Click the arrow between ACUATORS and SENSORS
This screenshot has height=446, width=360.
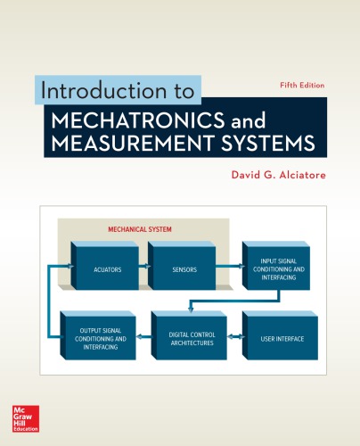click(x=143, y=267)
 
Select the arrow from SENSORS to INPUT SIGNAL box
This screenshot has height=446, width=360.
click(x=228, y=267)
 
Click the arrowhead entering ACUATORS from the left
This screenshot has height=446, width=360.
click(x=70, y=267)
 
